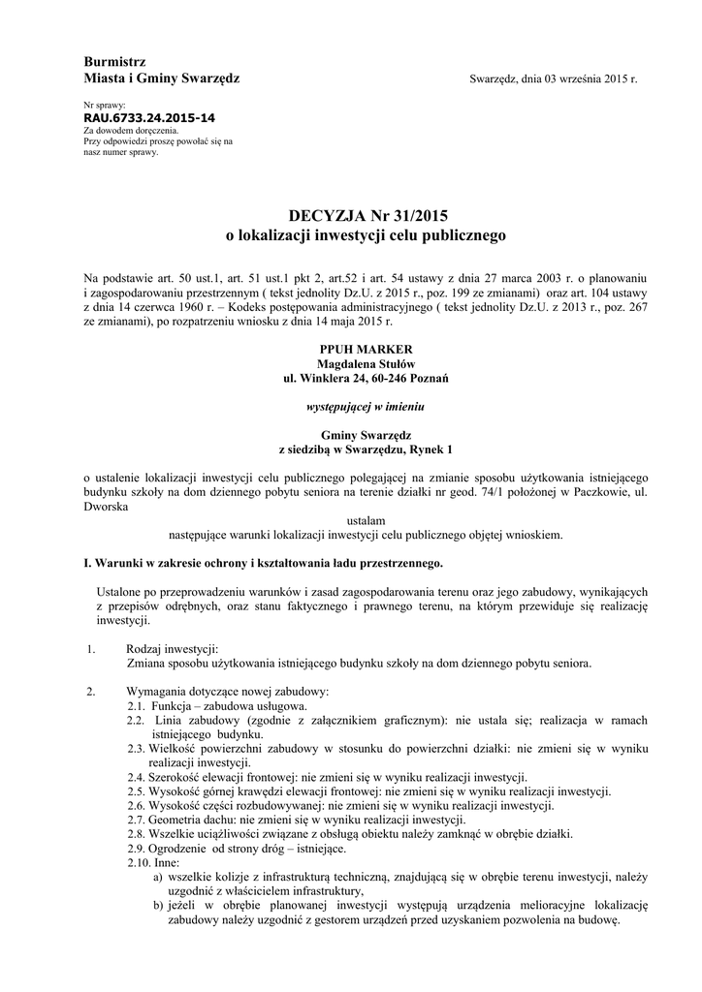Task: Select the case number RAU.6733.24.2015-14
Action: [x=149, y=117]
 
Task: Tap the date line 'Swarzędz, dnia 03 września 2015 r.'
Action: [x=553, y=78]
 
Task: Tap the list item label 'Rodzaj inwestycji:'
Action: [x=173, y=649]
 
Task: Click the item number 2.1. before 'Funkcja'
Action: [x=136, y=706]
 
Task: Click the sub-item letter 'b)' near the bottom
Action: [x=158, y=906]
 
